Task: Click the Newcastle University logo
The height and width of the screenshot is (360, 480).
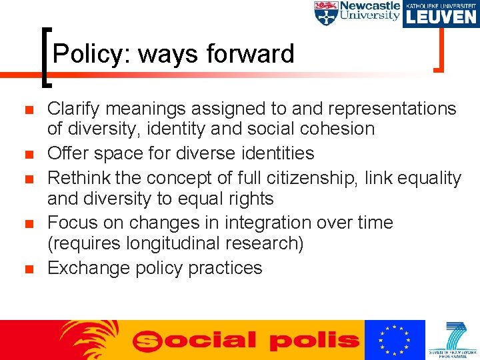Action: coord(357,13)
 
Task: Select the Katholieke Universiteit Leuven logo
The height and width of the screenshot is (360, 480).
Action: coord(441,13)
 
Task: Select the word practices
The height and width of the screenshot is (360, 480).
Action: coord(225,268)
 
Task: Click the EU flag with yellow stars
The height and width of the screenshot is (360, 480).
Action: coord(395,340)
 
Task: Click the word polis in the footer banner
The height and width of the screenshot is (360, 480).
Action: coord(313,341)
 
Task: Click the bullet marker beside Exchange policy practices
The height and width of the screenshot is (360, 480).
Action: coord(27,269)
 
